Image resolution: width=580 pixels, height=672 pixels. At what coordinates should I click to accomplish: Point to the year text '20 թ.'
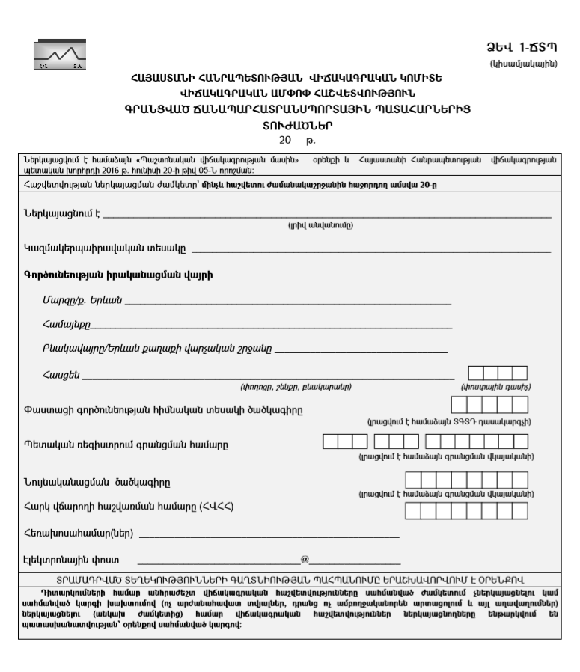[290, 139]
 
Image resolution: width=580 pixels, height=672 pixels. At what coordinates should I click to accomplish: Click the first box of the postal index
[475, 373]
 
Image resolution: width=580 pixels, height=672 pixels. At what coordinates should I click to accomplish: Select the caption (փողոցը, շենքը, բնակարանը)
[296, 387]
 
